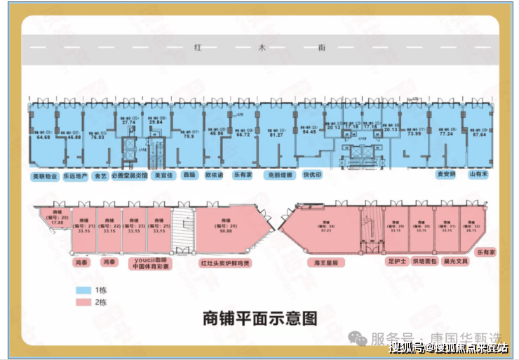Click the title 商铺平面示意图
click(x=259, y=318)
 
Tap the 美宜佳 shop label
click(x=163, y=175)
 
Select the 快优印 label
click(x=312, y=175)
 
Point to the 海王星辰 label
click(x=325, y=262)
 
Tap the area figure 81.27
click(x=276, y=135)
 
